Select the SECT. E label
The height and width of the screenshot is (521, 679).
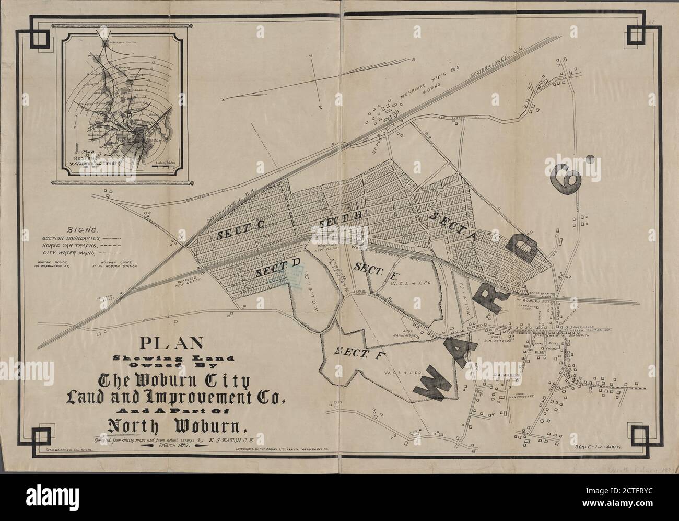click(370, 267)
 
